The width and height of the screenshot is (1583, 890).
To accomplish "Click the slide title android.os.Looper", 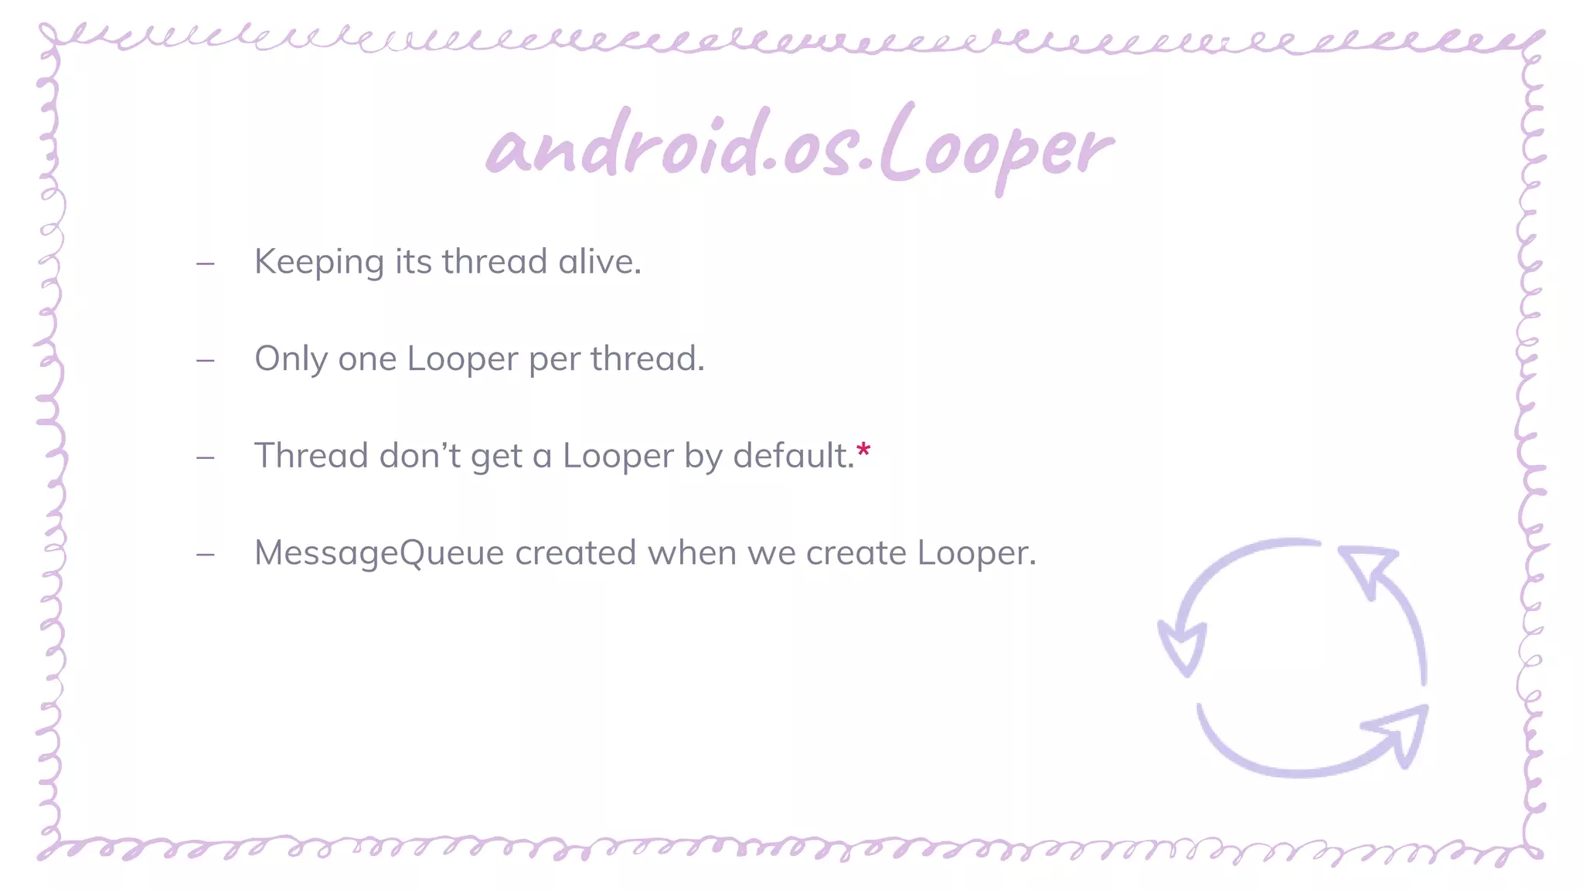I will pos(799,147).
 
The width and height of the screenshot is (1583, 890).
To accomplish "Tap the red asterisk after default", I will pos(863,450).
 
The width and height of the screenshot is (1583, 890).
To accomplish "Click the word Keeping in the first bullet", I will pos(318,263).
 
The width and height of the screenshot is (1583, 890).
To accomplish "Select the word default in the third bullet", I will pos(791,455).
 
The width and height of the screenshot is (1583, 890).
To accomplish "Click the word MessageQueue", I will pos(379,553).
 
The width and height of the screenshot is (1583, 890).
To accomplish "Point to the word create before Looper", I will pos(856,552).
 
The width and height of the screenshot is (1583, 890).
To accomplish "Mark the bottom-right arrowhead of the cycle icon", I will pos(1398,733).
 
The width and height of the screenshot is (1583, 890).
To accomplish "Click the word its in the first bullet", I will pos(413,261).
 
